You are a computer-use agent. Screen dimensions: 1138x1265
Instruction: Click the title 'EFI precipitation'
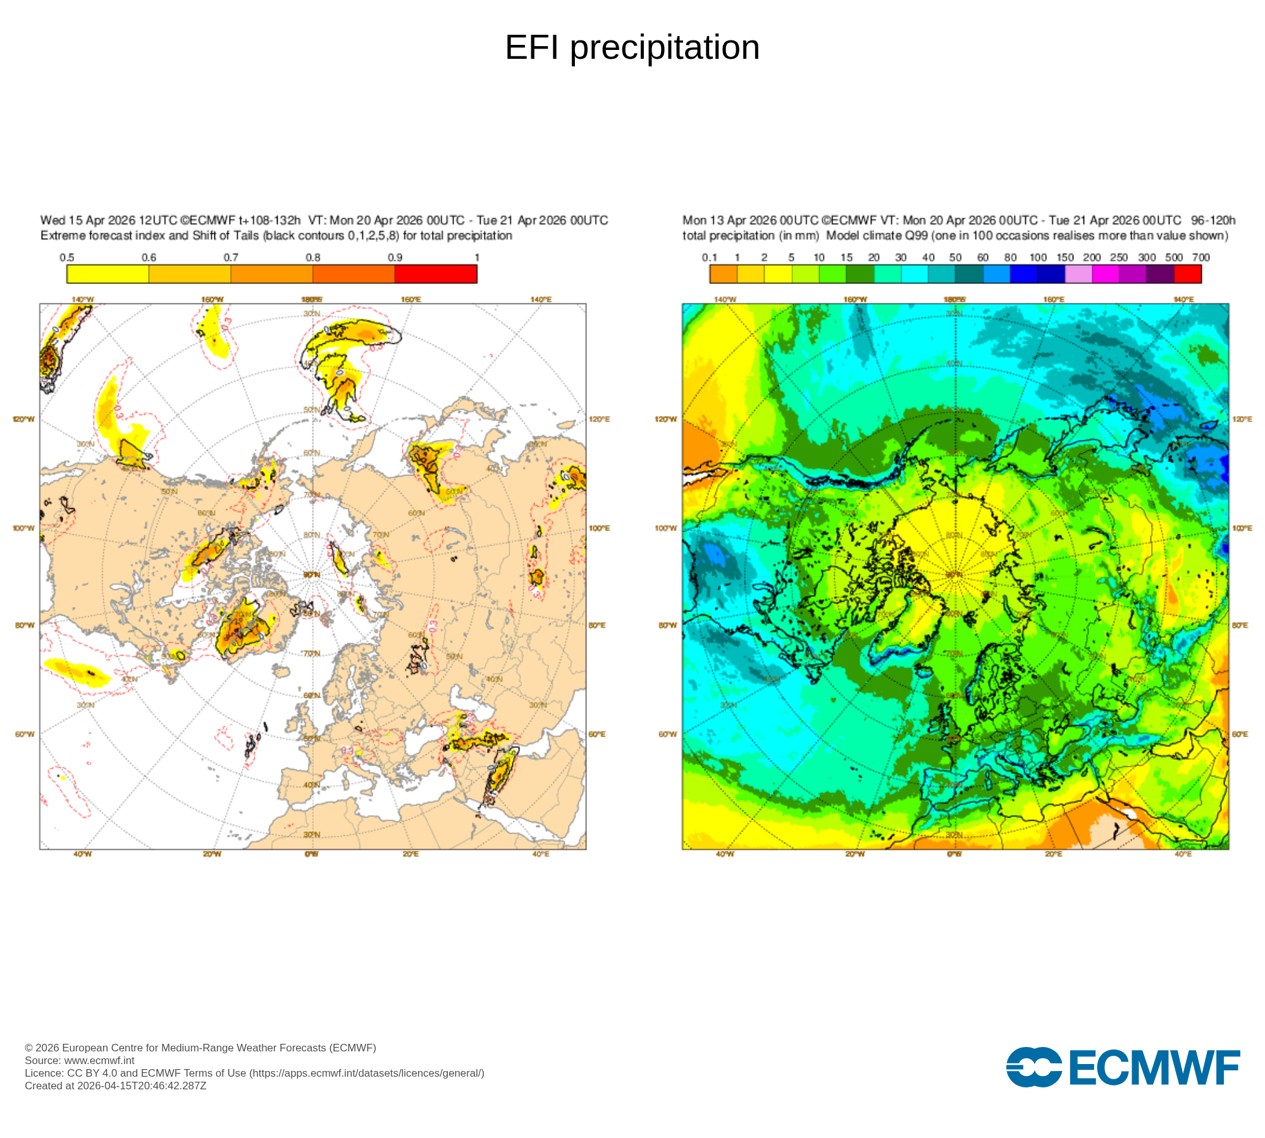pos(632,47)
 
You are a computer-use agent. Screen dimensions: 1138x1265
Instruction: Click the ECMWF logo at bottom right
pos(1123,1068)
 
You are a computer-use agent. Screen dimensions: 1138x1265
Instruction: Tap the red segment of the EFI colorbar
pos(436,274)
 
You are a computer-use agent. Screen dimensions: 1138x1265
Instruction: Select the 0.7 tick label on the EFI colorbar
pos(231,257)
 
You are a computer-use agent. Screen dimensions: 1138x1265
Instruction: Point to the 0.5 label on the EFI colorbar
pos(67,257)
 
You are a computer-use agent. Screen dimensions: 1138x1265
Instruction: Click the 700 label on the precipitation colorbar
pos(1200,257)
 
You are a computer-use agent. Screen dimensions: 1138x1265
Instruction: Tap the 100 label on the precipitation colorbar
pos(1038,257)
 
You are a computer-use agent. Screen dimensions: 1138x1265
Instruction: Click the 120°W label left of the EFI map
pos(24,419)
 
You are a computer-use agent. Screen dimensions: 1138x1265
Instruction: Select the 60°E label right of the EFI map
pos(598,734)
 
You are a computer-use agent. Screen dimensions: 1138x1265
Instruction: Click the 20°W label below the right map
pos(855,854)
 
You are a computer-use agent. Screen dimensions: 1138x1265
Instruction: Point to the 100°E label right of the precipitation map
pos(1242,528)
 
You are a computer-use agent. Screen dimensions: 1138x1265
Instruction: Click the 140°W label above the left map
pos(83,299)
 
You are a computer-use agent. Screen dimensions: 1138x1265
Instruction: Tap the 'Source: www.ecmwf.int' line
pos(80,1060)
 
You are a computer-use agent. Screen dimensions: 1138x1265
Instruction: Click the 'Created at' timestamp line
pos(115,1086)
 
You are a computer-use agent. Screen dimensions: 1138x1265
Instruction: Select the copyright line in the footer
pos(201,1048)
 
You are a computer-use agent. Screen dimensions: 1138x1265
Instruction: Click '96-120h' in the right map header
pos(1213,220)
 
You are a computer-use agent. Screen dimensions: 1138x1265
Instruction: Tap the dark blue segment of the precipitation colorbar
pos(1051,274)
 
